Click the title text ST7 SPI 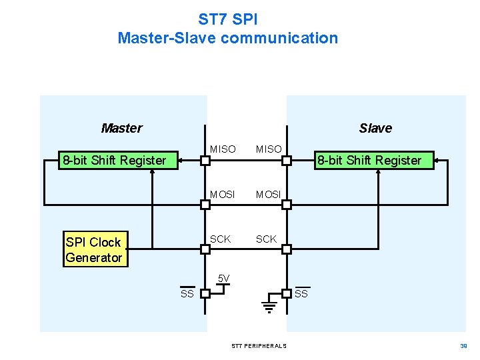coord(228,18)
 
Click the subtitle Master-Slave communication coord(228,38)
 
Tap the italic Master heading coord(121,128)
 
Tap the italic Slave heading coord(375,128)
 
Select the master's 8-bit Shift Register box coord(114,160)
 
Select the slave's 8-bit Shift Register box coord(369,160)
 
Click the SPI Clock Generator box coord(94,250)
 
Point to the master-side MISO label coord(223,149)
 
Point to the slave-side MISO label coord(269,149)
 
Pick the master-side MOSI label coord(223,195)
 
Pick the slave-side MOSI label coord(269,195)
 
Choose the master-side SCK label coord(221,239)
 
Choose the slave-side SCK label coord(266,239)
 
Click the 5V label coord(224,278)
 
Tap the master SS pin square coord(205,293)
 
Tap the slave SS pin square coord(286,293)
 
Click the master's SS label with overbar coord(187,293)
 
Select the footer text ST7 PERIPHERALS coord(259,346)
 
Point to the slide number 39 coord(463,346)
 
